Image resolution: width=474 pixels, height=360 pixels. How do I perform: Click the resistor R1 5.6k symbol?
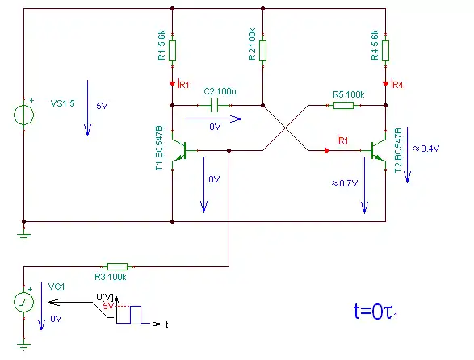pos(172,51)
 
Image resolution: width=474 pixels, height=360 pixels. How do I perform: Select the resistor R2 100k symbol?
pos(262,51)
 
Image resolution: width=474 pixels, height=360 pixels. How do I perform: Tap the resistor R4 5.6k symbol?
pos(385,51)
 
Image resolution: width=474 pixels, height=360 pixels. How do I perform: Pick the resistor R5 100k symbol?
pos(343,105)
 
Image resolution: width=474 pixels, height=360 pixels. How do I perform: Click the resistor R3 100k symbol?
pos(118,266)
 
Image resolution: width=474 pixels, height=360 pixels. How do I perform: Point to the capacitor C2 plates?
pos(214,105)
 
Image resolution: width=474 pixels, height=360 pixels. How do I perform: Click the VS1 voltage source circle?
pos(24,115)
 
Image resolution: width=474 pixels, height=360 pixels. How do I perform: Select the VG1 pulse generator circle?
pos(24,302)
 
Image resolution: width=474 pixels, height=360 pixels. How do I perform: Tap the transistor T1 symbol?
pos(179,150)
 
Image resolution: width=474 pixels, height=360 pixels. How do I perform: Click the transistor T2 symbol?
pos(378,150)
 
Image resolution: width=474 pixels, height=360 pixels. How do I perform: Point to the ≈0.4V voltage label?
pos(426,149)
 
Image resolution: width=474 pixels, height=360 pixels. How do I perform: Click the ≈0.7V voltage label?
pos(345,183)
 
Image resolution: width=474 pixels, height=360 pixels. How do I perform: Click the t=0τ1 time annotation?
pos(375,312)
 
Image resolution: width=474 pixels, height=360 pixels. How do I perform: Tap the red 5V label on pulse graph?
pos(108,306)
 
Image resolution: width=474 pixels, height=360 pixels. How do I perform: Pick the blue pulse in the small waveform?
pos(136,315)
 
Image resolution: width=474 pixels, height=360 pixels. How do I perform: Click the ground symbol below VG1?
pos(24,345)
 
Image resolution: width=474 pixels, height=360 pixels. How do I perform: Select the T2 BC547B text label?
pos(398,150)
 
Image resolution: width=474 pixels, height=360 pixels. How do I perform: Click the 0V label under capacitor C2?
pos(215,127)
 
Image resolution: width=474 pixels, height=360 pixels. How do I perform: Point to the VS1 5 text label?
pos(62,103)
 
